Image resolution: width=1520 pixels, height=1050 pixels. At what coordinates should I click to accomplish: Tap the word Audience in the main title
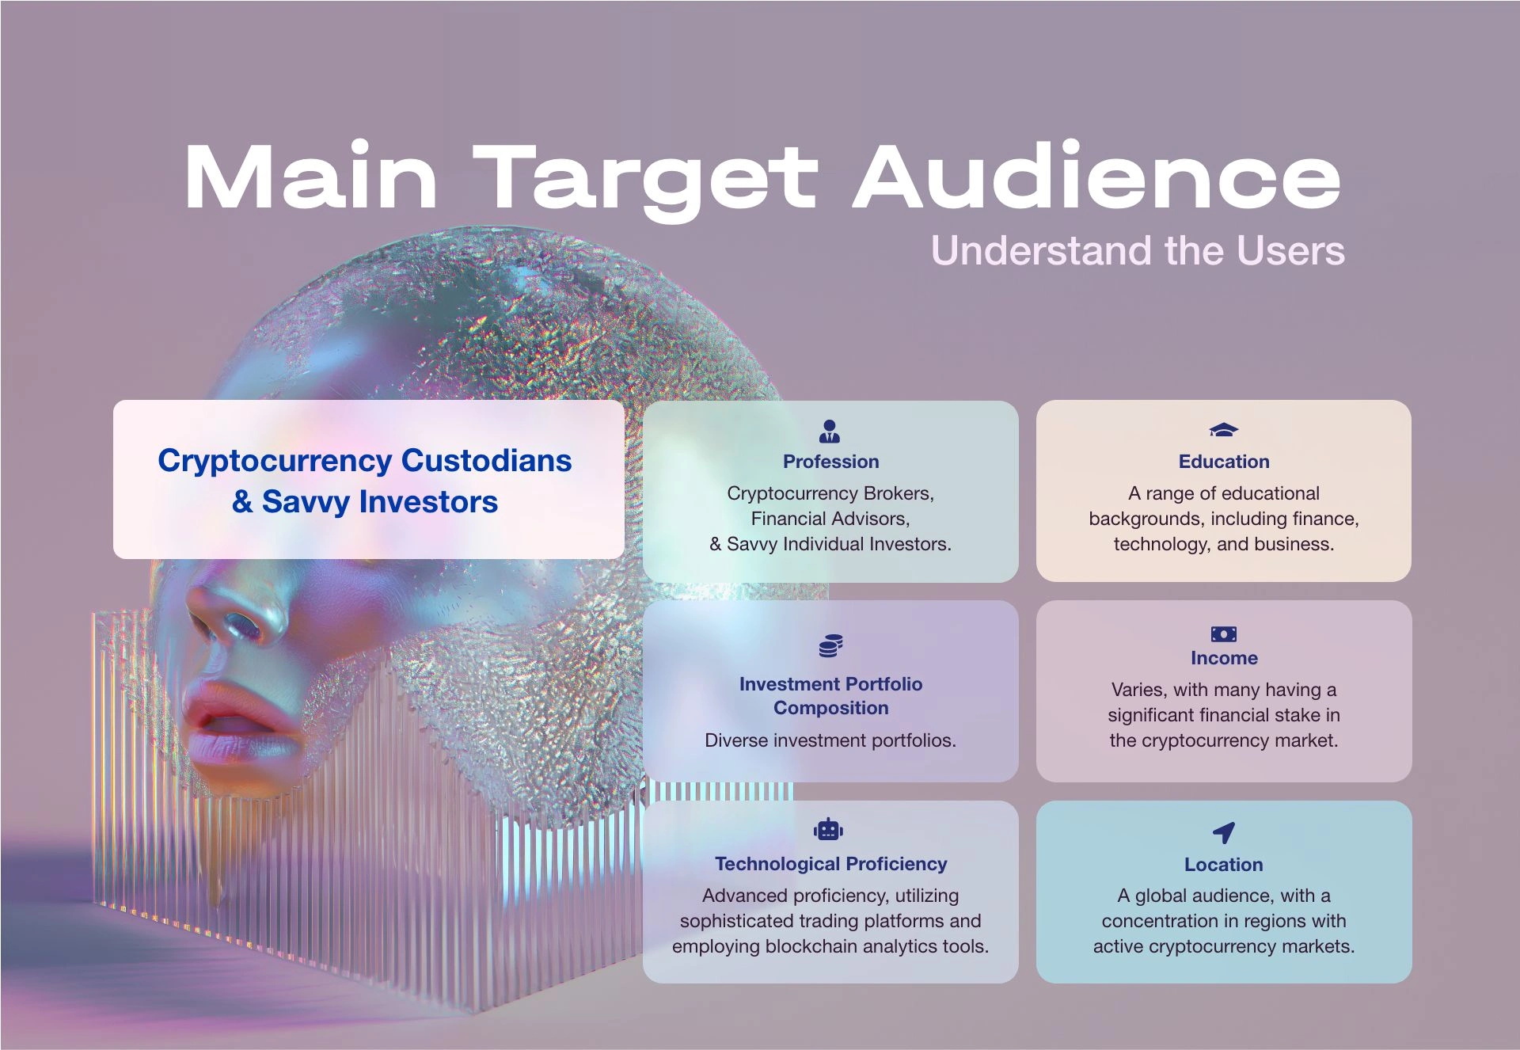(1097, 175)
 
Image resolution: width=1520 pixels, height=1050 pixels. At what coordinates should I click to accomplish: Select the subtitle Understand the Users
(1138, 250)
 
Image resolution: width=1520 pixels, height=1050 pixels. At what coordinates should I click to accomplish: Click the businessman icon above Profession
(830, 431)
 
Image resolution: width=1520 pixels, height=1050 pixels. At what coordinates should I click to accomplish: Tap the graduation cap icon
(1223, 430)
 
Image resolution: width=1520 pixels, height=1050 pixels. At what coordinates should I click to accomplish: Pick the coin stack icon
(830, 646)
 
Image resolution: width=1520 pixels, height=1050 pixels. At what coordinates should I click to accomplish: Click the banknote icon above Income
(1223, 633)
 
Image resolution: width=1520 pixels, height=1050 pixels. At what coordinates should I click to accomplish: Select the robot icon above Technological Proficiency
(829, 829)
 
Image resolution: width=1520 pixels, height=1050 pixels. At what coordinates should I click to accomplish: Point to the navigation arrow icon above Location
(1224, 832)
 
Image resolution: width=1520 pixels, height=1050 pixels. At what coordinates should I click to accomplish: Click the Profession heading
(830, 462)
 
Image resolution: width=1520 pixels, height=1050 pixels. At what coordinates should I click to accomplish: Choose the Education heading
(1223, 462)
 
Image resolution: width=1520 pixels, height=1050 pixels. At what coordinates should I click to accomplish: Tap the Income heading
(1224, 658)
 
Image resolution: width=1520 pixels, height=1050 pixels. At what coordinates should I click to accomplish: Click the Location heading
(1223, 865)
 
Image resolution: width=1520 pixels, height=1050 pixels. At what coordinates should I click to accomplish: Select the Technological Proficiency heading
(830, 864)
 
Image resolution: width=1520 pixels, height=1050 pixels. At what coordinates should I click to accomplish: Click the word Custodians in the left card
(486, 460)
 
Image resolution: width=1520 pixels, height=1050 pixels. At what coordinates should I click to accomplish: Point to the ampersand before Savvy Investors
(242, 501)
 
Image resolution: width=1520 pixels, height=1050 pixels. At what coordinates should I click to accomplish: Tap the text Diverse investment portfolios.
(830, 740)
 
